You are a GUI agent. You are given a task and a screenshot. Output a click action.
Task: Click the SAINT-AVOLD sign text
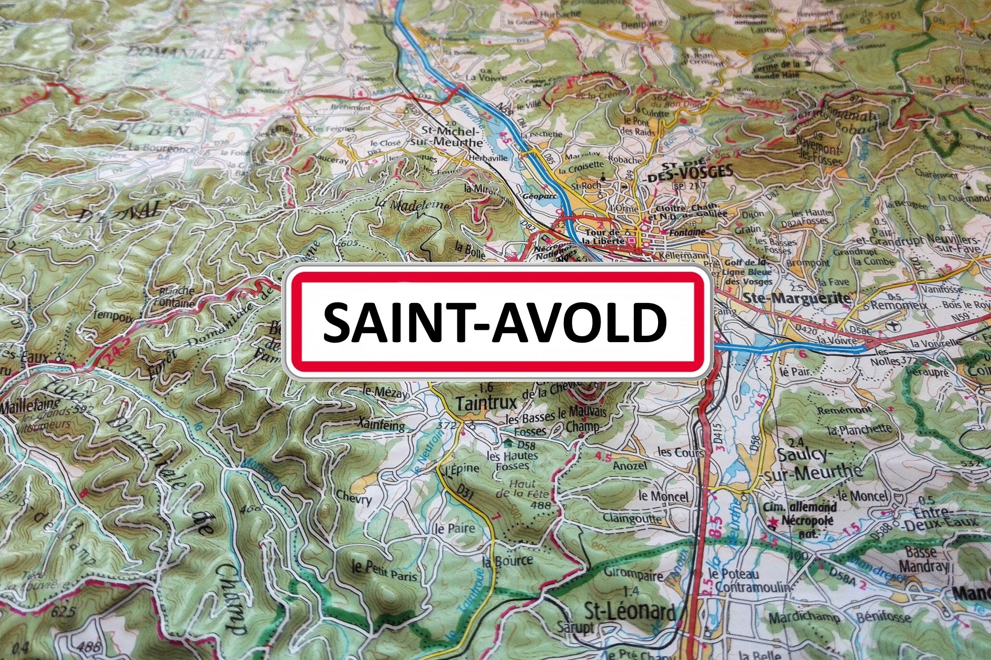pyautogui.click(x=495, y=322)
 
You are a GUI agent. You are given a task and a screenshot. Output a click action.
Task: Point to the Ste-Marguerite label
pyautogui.click(x=797, y=298)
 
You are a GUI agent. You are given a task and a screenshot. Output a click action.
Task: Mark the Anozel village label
pyautogui.click(x=630, y=466)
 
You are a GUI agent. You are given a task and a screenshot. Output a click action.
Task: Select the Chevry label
pyautogui.click(x=354, y=497)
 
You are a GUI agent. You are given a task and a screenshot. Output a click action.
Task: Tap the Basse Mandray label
pyautogui.click(x=923, y=558)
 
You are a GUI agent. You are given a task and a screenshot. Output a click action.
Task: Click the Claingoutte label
pyautogui.click(x=632, y=518)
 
